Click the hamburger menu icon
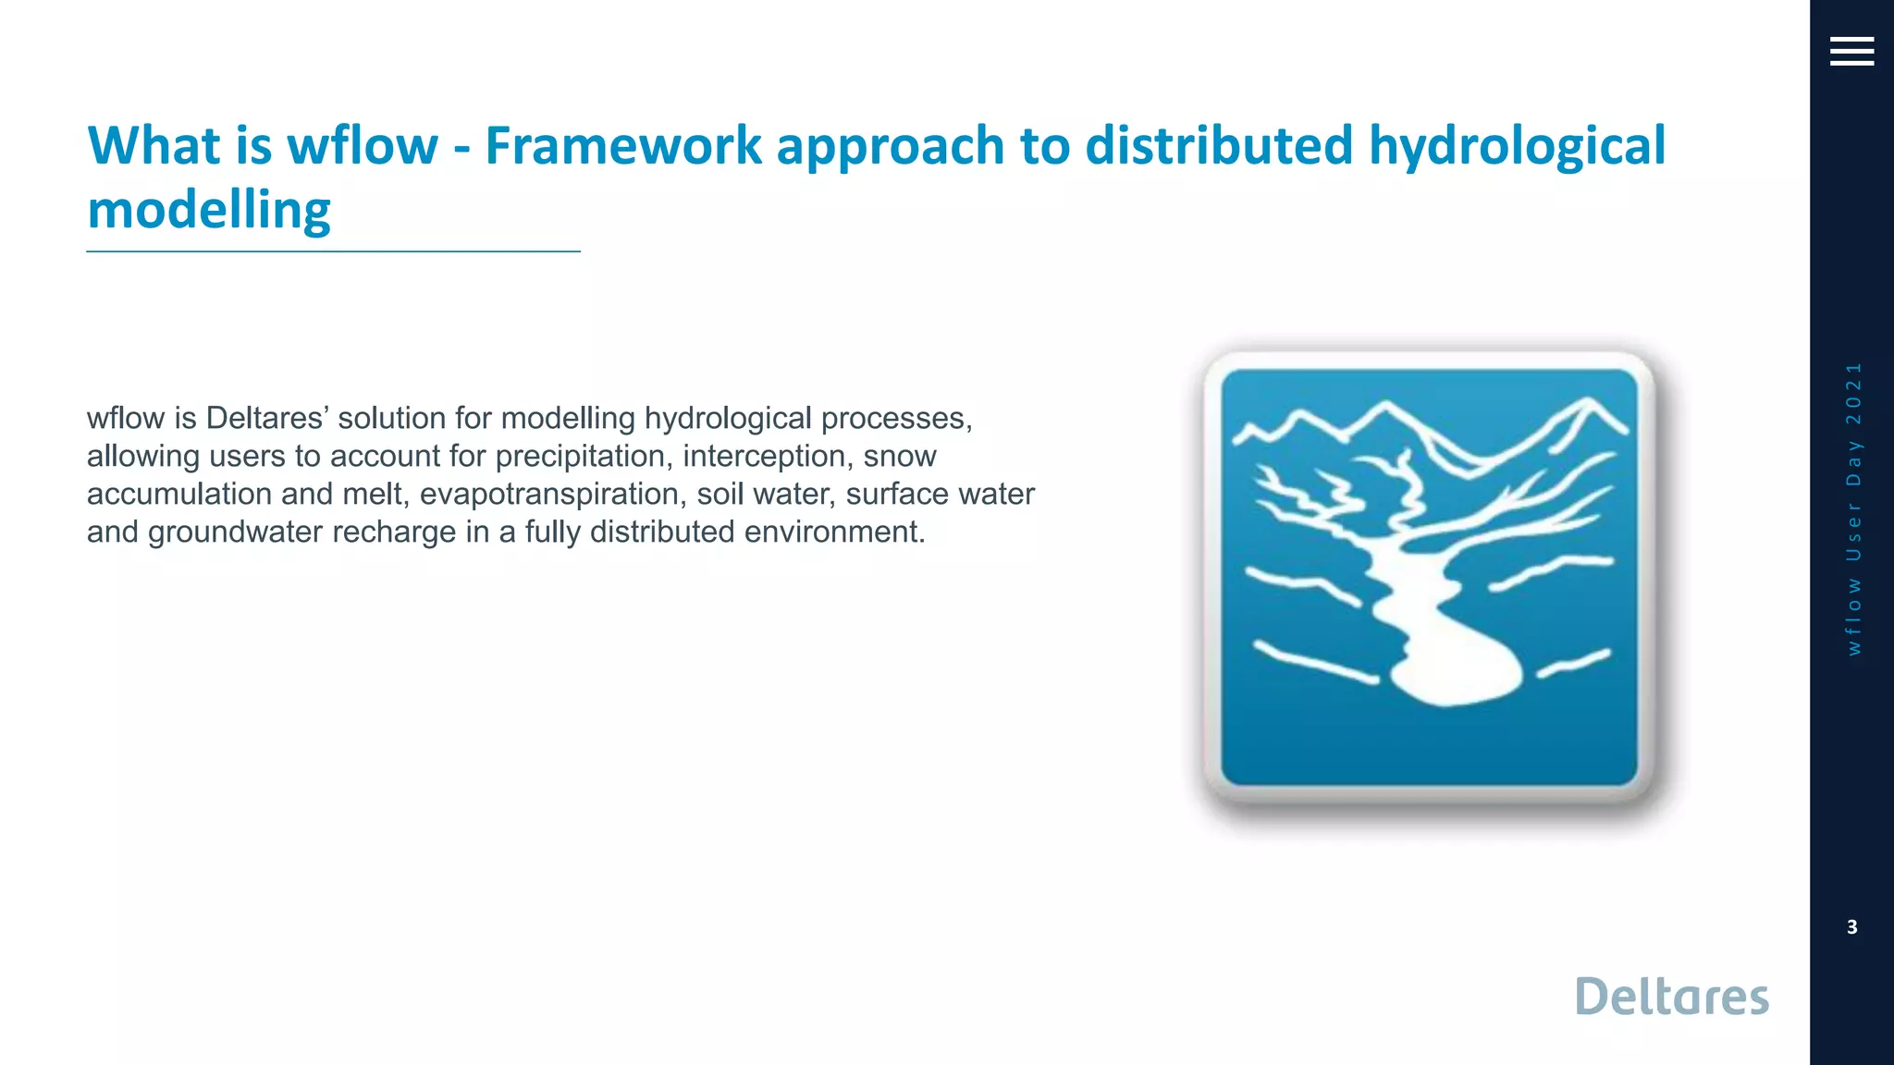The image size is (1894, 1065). (x=1851, y=52)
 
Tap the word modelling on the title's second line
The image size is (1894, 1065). (x=209, y=211)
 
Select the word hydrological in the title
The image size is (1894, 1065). (x=1517, y=146)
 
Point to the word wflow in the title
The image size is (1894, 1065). (x=363, y=146)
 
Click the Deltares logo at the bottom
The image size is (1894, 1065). (x=1671, y=997)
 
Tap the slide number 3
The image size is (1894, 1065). (x=1851, y=927)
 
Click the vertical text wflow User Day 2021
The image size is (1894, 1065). (x=1852, y=508)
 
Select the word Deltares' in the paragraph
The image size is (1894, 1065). (x=265, y=418)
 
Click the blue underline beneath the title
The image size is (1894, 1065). (x=333, y=251)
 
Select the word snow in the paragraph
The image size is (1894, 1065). (x=899, y=457)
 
